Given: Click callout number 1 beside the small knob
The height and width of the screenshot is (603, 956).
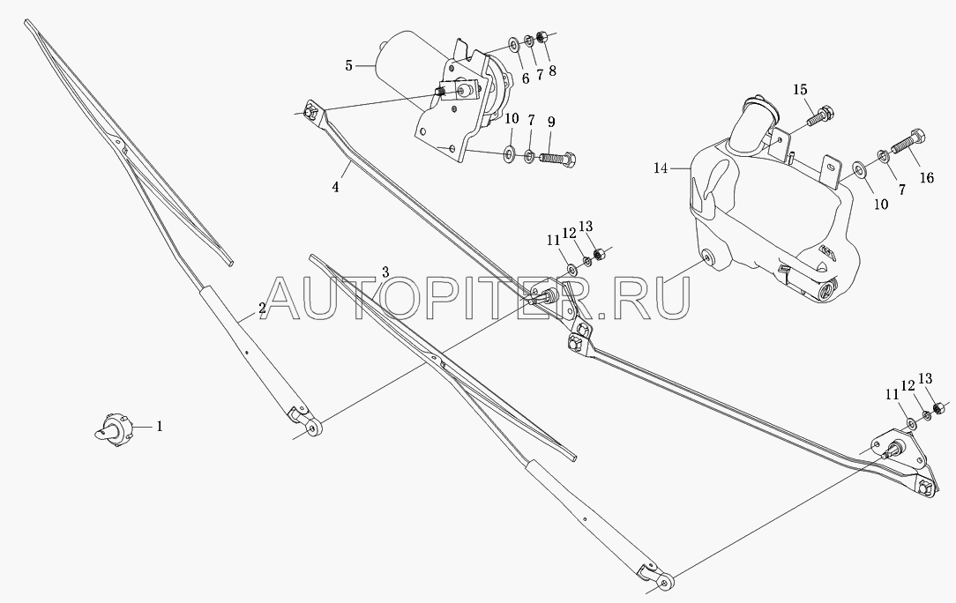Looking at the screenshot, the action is coord(160,427).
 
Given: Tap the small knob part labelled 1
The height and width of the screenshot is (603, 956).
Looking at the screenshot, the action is coord(114,429).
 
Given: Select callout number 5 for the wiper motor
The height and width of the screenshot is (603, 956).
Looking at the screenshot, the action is coord(348,65).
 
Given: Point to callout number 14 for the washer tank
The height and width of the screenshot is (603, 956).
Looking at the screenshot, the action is coord(661,167).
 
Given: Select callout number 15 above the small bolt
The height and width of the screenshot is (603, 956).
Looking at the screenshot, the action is coord(800,90).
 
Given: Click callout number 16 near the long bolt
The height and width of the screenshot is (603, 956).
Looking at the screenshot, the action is coord(926,178).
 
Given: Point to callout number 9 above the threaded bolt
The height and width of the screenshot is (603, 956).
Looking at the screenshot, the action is coord(551,122).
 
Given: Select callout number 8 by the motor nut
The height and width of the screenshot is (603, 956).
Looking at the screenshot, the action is coord(552,71).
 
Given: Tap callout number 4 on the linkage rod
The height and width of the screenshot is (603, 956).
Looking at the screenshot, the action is coord(335,187).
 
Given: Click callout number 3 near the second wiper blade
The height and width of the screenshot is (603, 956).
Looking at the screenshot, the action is coord(385,272).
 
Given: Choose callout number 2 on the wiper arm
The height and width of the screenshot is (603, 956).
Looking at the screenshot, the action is coord(262,309).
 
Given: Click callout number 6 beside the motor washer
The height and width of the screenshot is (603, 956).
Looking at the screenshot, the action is coord(525,79).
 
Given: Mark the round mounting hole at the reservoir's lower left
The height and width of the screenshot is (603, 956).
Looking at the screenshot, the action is coord(708,257).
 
